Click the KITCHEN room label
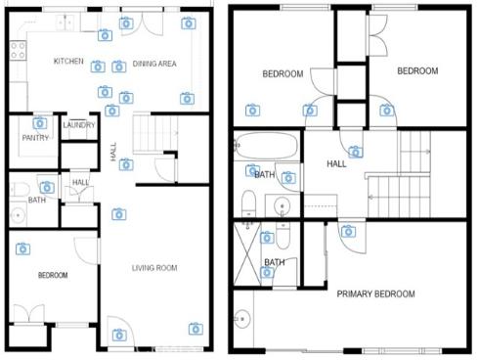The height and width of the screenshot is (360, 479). (x=68, y=62)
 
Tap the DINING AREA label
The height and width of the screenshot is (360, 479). (x=154, y=63)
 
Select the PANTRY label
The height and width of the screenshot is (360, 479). (x=35, y=138)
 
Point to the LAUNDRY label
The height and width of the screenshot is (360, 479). (x=78, y=125)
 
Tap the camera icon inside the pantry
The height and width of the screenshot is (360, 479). (x=40, y=123)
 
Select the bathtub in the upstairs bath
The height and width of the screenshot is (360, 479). (x=268, y=148)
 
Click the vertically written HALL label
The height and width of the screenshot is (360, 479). (x=113, y=154)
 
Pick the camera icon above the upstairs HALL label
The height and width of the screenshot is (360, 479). (x=356, y=152)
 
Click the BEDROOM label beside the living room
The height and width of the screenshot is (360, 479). (x=53, y=276)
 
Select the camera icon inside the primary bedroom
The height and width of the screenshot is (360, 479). (x=348, y=232)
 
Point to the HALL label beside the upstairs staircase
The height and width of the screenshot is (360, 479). (x=336, y=164)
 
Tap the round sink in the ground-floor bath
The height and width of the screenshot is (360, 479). (x=16, y=216)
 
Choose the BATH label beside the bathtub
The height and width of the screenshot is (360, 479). (x=264, y=174)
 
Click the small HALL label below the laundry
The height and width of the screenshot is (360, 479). (x=80, y=182)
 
